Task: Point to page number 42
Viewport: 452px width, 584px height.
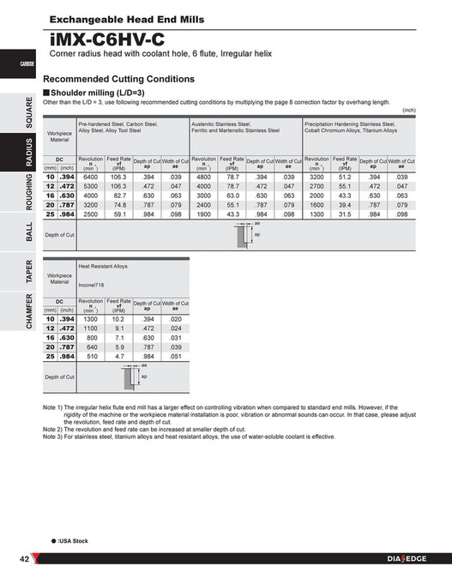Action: click(x=25, y=560)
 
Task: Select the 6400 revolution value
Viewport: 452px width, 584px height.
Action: click(x=90, y=176)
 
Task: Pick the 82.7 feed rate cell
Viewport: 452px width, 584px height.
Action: click(x=118, y=195)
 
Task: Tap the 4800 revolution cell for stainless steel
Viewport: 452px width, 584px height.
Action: click(x=203, y=176)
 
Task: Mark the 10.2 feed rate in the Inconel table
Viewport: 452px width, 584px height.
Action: click(x=118, y=318)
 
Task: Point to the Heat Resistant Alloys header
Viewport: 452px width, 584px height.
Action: click(x=103, y=267)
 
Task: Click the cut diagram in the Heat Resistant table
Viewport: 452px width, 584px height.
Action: click(x=131, y=376)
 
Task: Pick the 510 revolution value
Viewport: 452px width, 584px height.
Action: click(x=90, y=356)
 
